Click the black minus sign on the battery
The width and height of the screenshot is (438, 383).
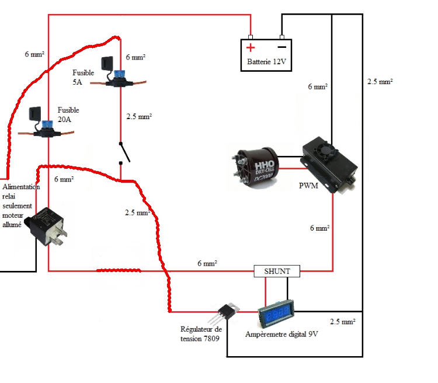tap(281, 47)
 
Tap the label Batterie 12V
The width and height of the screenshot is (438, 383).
tap(266, 62)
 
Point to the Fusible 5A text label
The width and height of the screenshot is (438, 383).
tap(83, 77)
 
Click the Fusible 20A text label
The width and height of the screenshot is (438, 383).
tap(68, 114)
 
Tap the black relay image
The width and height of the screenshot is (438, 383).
tap(50, 225)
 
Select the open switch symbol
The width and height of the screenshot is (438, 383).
tap(124, 153)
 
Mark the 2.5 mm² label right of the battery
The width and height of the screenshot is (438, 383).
tap(380, 82)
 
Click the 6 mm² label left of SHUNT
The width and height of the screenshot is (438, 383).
tap(207, 264)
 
